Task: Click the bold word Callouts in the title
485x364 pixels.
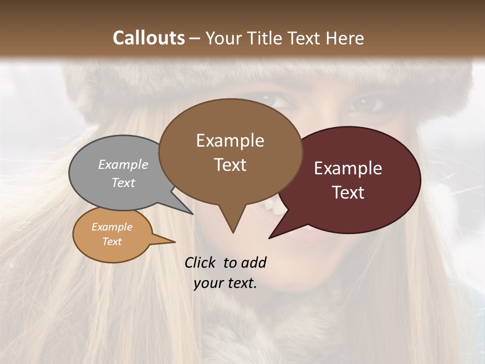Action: (x=149, y=38)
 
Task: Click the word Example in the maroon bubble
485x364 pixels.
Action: (x=348, y=168)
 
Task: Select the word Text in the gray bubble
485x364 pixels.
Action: (x=123, y=183)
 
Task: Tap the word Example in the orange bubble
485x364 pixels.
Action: (x=112, y=227)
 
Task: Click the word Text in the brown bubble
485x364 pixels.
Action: (x=230, y=165)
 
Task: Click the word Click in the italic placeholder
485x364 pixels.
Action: (x=201, y=262)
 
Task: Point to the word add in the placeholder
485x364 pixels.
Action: (x=253, y=262)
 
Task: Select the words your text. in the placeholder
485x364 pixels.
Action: (x=225, y=283)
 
